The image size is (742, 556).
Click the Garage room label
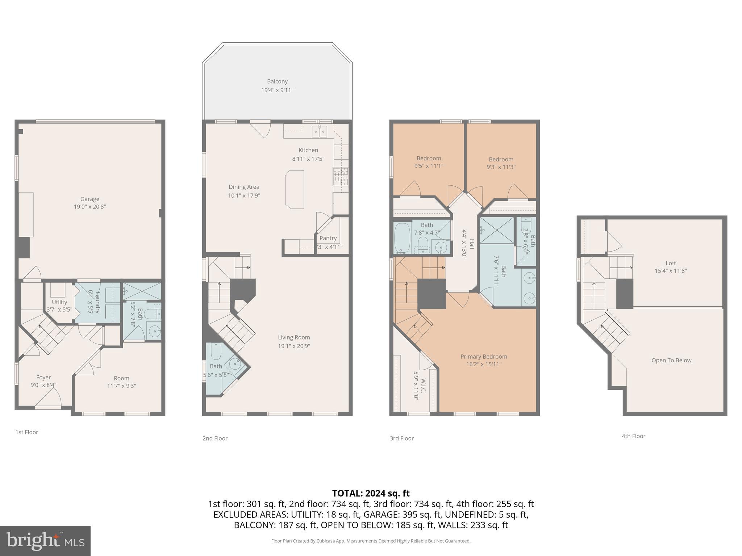[x=89, y=199]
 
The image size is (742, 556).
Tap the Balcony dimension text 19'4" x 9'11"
[x=277, y=90]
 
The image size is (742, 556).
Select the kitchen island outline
[x=295, y=189]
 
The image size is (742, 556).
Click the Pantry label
[x=328, y=238]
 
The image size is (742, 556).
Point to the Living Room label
[x=294, y=337]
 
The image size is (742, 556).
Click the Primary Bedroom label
[x=484, y=357]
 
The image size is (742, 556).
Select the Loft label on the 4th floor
[x=671, y=263]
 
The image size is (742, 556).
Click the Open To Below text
[x=671, y=360]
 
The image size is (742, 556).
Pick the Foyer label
[x=43, y=377]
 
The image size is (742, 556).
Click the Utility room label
[x=59, y=302]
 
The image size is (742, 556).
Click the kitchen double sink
[x=320, y=131]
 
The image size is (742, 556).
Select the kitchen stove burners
[x=341, y=177]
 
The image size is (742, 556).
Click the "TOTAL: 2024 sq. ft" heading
[x=371, y=493]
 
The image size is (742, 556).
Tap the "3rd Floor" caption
[x=401, y=438]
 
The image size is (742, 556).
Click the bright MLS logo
[x=45, y=541]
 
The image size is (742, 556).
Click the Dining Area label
[x=244, y=187]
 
